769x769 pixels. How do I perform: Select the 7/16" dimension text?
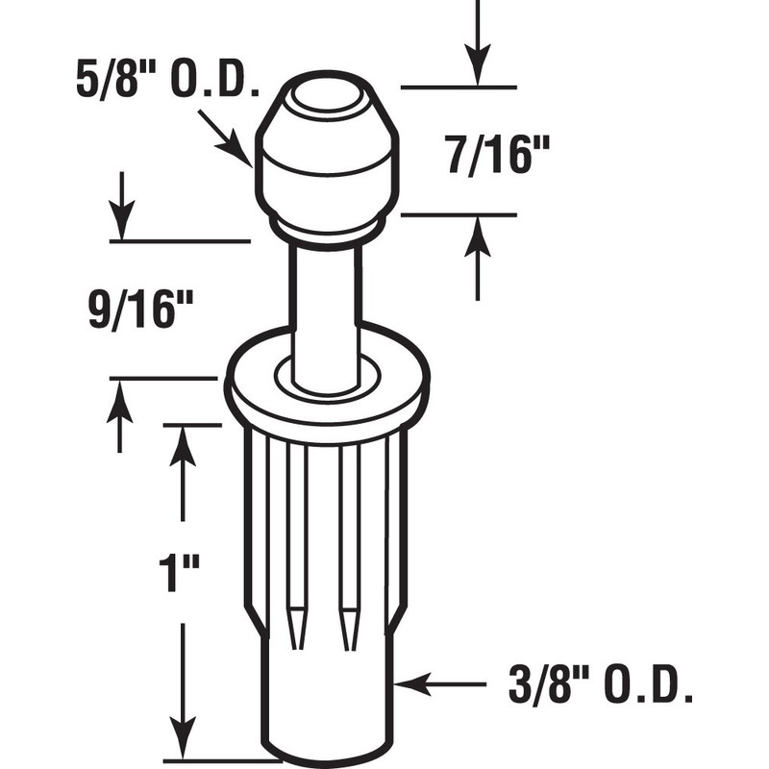pyautogui.click(x=491, y=156)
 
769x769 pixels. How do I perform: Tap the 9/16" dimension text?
pyautogui.click(x=141, y=311)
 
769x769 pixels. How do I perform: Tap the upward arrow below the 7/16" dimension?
pyautogui.click(x=478, y=255)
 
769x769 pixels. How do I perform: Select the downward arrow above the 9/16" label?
pyautogui.click(x=122, y=204)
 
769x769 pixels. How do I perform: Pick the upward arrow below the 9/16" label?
pyautogui.click(x=119, y=415)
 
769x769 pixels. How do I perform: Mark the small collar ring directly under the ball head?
pyautogui.click(x=325, y=228)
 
